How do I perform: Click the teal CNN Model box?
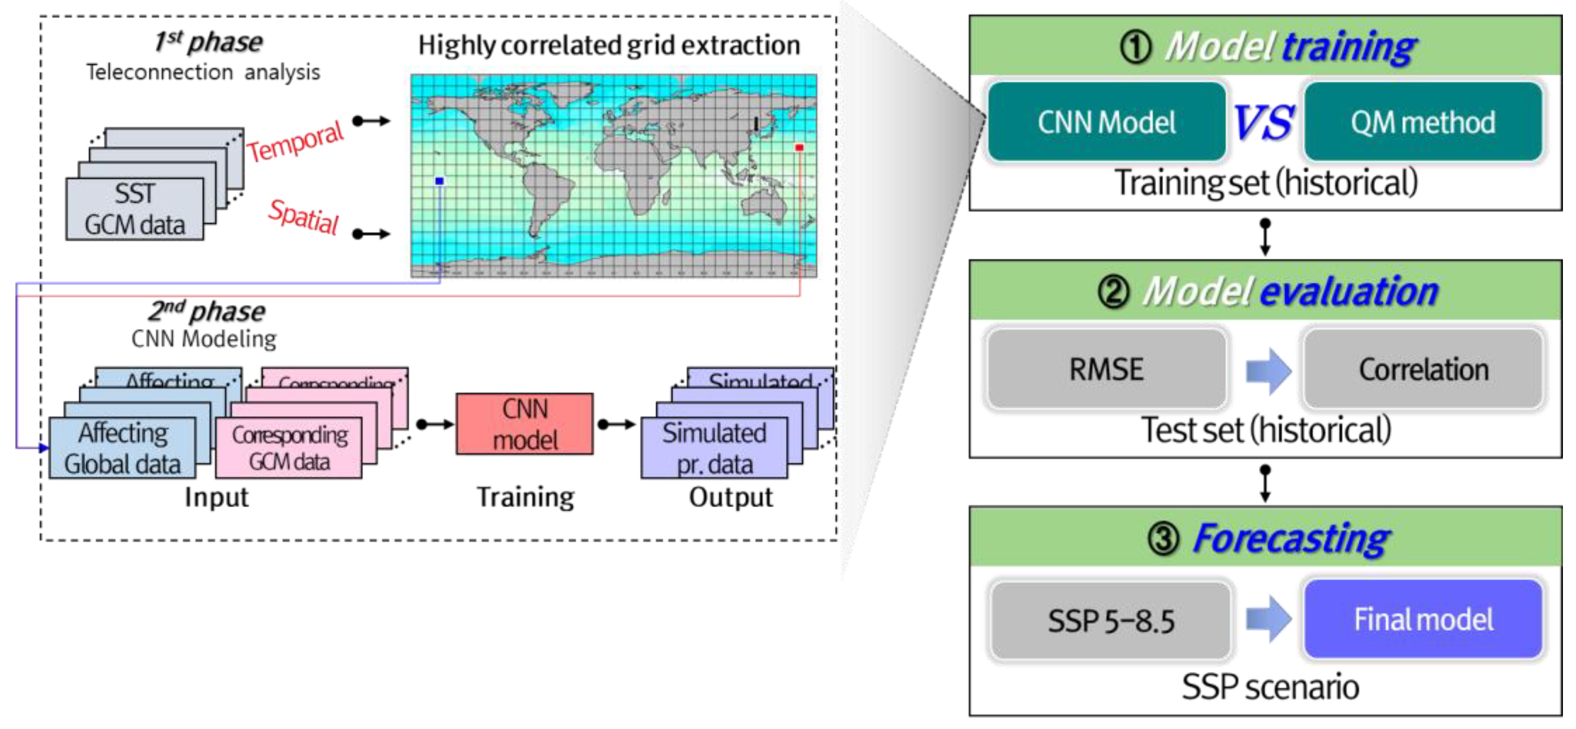pos(1106,122)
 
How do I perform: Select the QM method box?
pos(1423,122)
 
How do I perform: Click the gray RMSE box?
pos(1106,369)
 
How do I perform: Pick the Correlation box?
pos(1423,369)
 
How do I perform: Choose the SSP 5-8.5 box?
pos(1110,620)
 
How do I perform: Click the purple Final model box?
pos(1423,619)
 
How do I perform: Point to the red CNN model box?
pos(524,423)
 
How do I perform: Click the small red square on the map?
pos(799,147)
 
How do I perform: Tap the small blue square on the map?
pos(439,181)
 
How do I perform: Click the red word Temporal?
pos(295,141)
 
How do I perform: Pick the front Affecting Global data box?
pos(122,448)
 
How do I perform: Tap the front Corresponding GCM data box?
pos(289,448)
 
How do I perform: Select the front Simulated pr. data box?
pos(714,448)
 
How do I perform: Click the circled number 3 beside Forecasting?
pos(1163,539)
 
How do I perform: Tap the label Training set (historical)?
pos(1265,182)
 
